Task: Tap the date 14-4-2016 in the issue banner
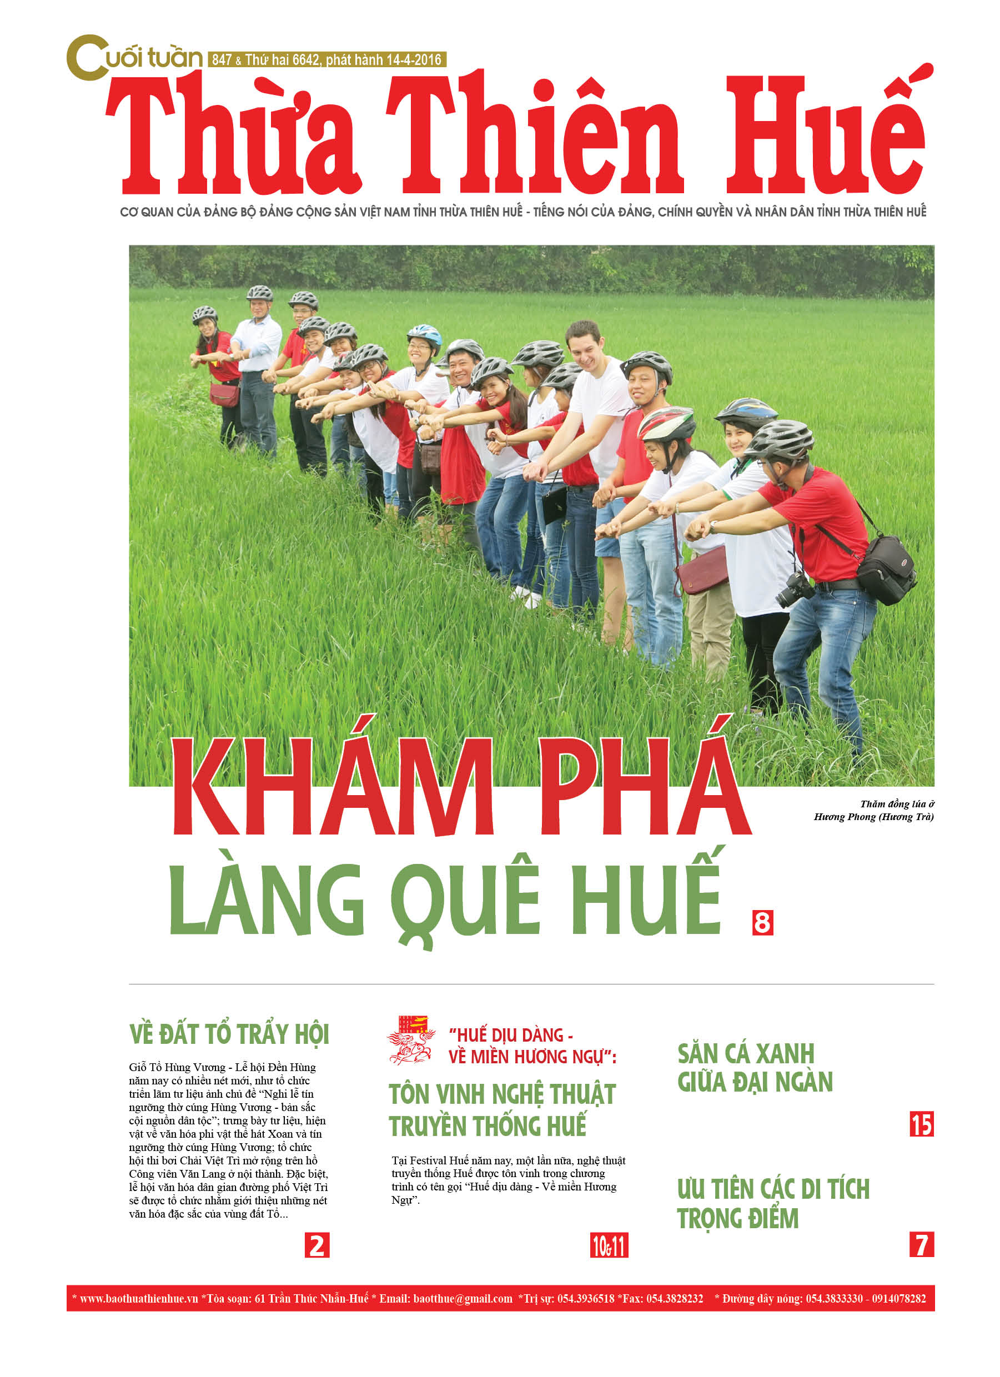click(414, 60)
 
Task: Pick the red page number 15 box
click(921, 1124)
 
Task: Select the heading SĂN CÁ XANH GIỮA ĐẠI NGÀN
click(754, 1068)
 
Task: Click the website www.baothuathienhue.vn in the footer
click(139, 1299)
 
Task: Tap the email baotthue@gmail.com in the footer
click(462, 1299)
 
